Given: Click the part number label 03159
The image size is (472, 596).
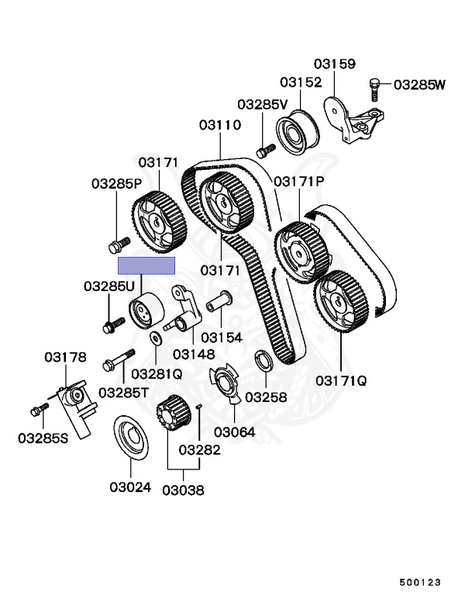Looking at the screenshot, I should click(x=335, y=64).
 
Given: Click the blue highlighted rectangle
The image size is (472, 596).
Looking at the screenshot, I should click(x=146, y=265).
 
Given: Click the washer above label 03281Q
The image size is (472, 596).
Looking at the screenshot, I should click(x=157, y=338).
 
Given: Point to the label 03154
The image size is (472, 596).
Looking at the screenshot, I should click(x=221, y=338).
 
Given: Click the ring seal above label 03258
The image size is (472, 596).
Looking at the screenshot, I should click(x=262, y=360).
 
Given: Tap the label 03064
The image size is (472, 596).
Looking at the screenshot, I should click(x=235, y=431).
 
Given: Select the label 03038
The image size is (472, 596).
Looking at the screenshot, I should click(x=183, y=490).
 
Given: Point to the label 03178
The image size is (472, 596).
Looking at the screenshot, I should click(x=65, y=358).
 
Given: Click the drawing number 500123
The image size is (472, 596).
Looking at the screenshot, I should click(x=420, y=581).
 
